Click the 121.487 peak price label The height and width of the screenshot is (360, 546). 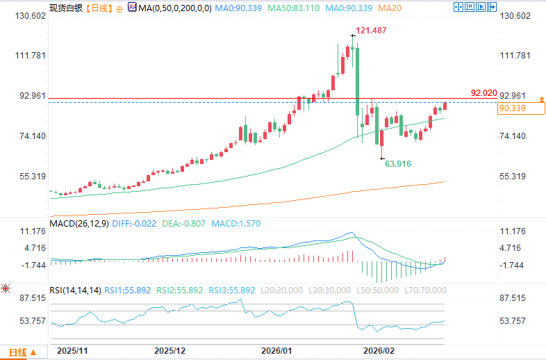coord(371,31)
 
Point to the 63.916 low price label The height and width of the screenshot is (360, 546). coord(398,163)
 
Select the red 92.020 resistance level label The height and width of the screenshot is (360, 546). coord(483,92)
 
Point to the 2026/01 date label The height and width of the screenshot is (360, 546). coord(276,351)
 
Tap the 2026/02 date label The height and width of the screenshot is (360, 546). coord(379,351)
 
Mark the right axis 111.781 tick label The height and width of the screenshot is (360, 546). coord(514,56)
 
